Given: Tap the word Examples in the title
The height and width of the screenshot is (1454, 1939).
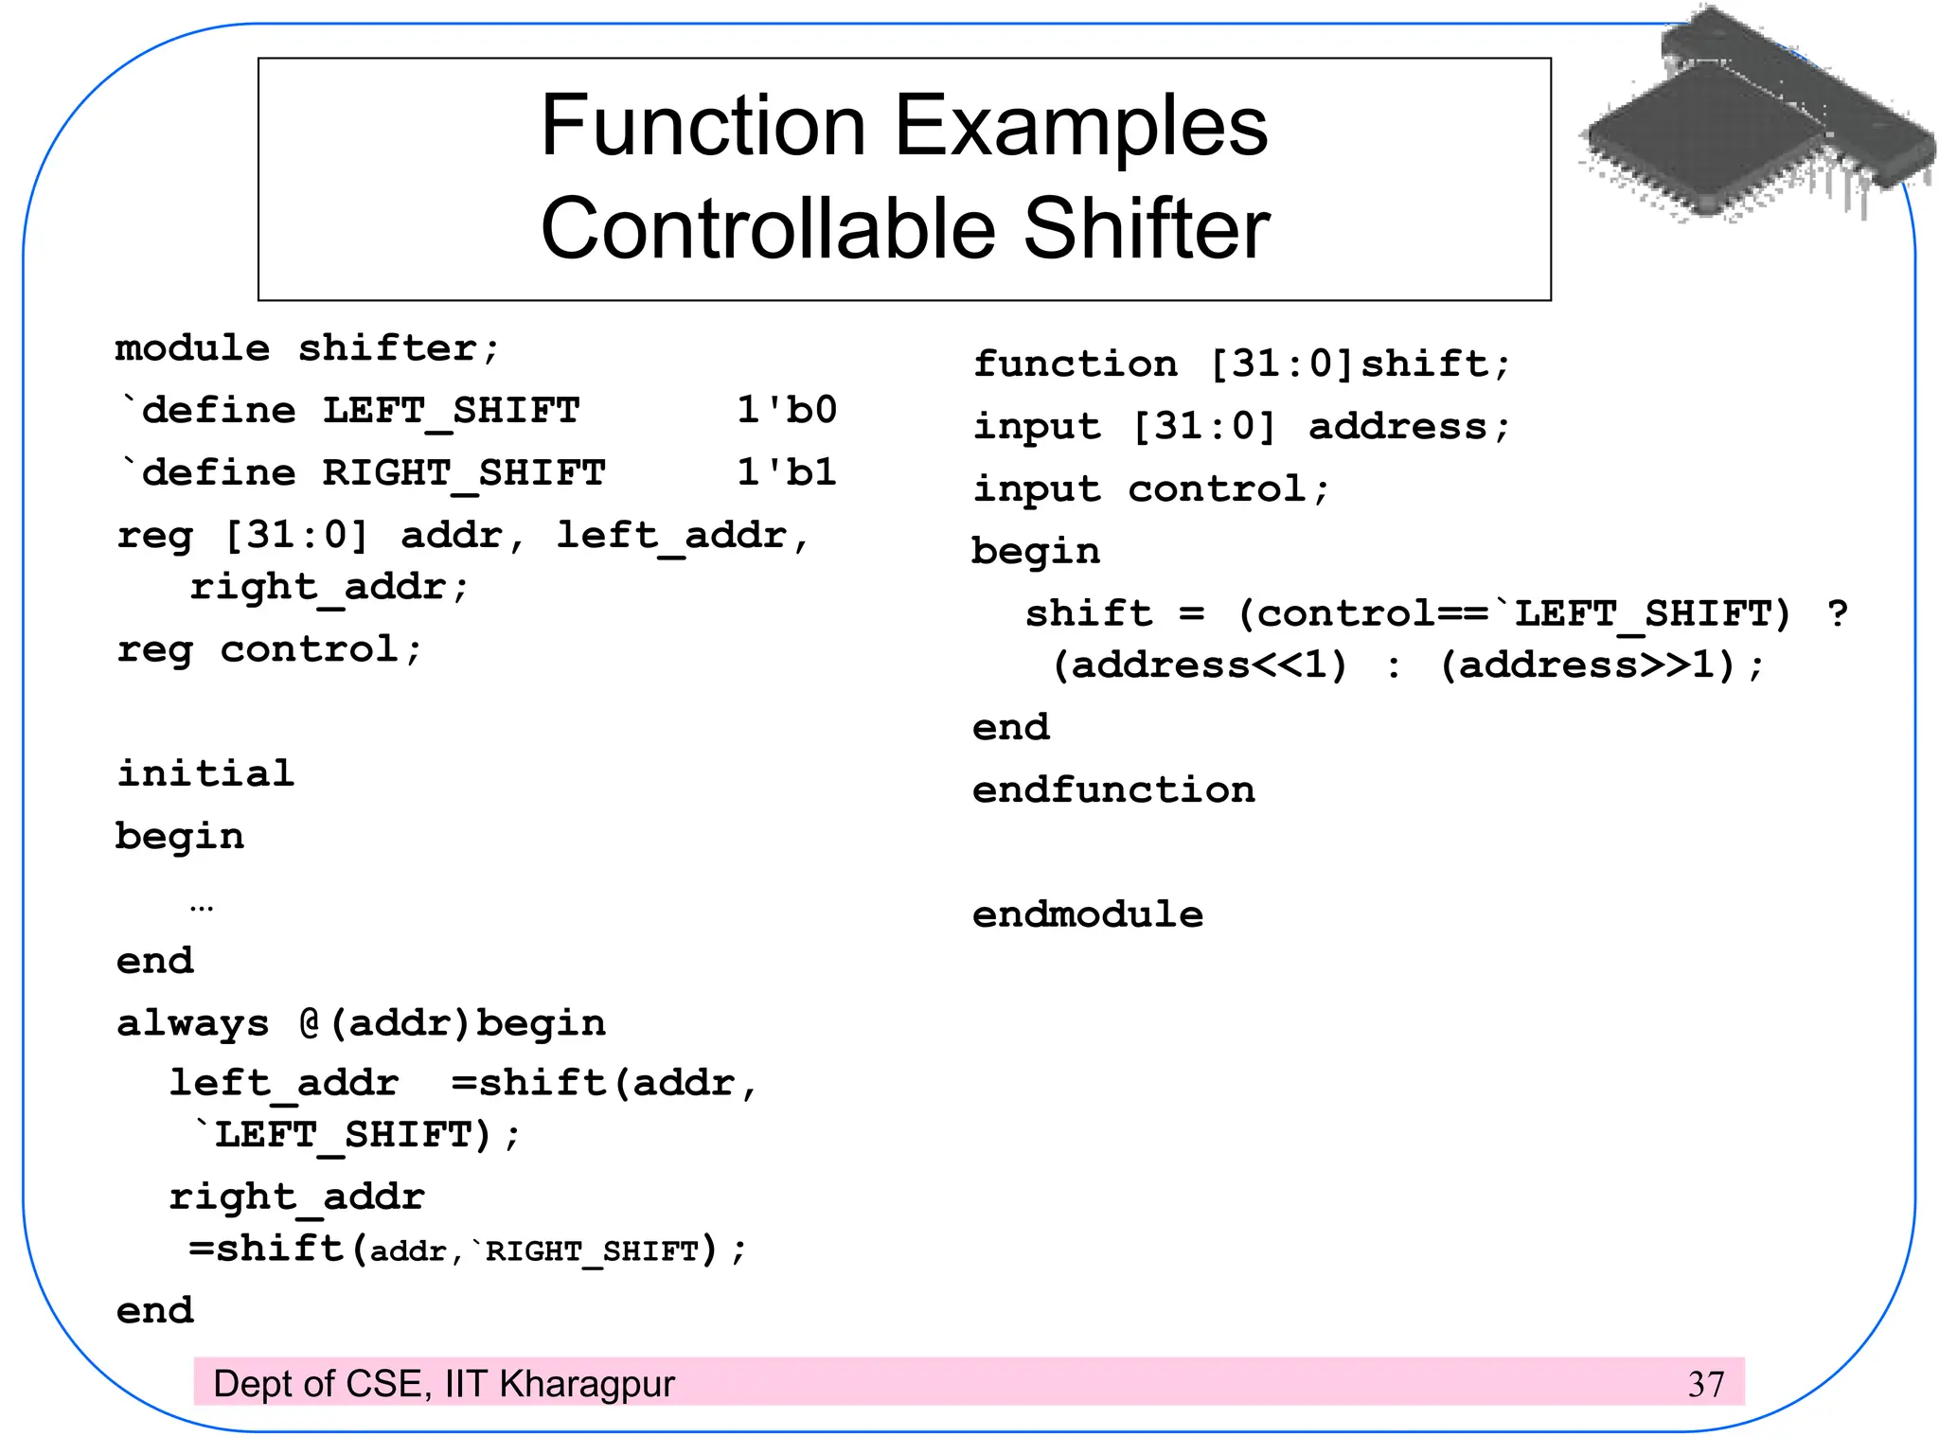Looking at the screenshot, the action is [x=1080, y=127].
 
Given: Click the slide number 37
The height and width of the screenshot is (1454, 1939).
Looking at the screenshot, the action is [x=1705, y=1384].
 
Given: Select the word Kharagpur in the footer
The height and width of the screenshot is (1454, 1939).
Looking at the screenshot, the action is [x=587, y=1384].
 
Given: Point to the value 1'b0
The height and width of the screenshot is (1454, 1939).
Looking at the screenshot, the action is [x=787, y=411].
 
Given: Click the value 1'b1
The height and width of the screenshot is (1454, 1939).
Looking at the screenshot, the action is [x=787, y=472].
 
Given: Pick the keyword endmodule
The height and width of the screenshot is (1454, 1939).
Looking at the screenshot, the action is [x=1088, y=914].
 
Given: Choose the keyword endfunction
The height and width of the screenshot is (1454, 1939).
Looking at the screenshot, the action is [x=1113, y=789].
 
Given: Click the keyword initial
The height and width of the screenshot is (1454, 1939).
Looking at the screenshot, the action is [x=205, y=773].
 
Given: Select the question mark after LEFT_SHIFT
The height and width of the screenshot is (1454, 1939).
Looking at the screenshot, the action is [x=1838, y=613].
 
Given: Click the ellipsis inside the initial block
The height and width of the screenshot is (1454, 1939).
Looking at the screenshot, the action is [x=202, y=907].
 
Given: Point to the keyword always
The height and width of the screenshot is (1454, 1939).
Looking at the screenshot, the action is [x=193, y=1023].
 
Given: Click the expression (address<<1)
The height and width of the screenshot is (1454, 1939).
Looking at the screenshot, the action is [x=1200, y=665].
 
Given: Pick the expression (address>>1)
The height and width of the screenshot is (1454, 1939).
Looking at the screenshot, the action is [x=1588, y=665].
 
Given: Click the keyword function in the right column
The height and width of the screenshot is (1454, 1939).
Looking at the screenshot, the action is [x=1076, y=363].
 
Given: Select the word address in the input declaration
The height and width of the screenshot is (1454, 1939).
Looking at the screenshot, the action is [x=1397, y=427].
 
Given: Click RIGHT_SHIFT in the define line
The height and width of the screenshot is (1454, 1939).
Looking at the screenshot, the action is [x=464, y=472].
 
